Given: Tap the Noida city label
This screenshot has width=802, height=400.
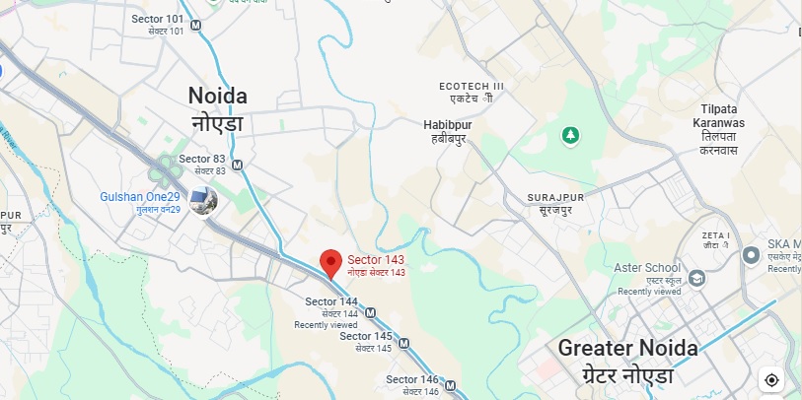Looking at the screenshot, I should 218,97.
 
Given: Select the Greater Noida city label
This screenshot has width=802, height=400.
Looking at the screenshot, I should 627,348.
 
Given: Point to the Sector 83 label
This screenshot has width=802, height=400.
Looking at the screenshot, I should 202,159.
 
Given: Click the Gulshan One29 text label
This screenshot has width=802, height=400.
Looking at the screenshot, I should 139,197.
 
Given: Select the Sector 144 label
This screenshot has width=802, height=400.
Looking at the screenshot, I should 331,301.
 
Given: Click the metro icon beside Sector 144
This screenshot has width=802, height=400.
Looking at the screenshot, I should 370,313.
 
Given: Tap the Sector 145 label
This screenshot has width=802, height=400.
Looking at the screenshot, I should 366,336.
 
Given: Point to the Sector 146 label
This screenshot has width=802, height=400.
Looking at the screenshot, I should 411,379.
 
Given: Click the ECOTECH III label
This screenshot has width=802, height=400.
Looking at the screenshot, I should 472,87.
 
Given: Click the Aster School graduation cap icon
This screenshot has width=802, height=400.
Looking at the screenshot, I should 697,280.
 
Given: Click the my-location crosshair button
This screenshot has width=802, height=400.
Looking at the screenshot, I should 771,379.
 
